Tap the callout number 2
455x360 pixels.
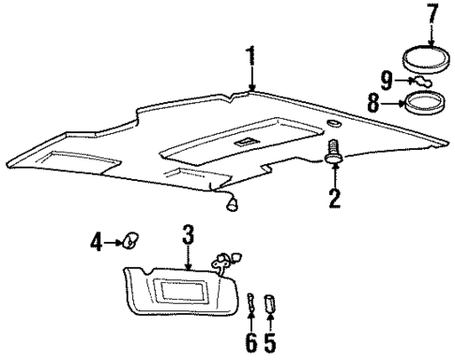point(334,198)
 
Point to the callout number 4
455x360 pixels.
point(98,244)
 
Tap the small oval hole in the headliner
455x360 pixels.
point(335,125)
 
